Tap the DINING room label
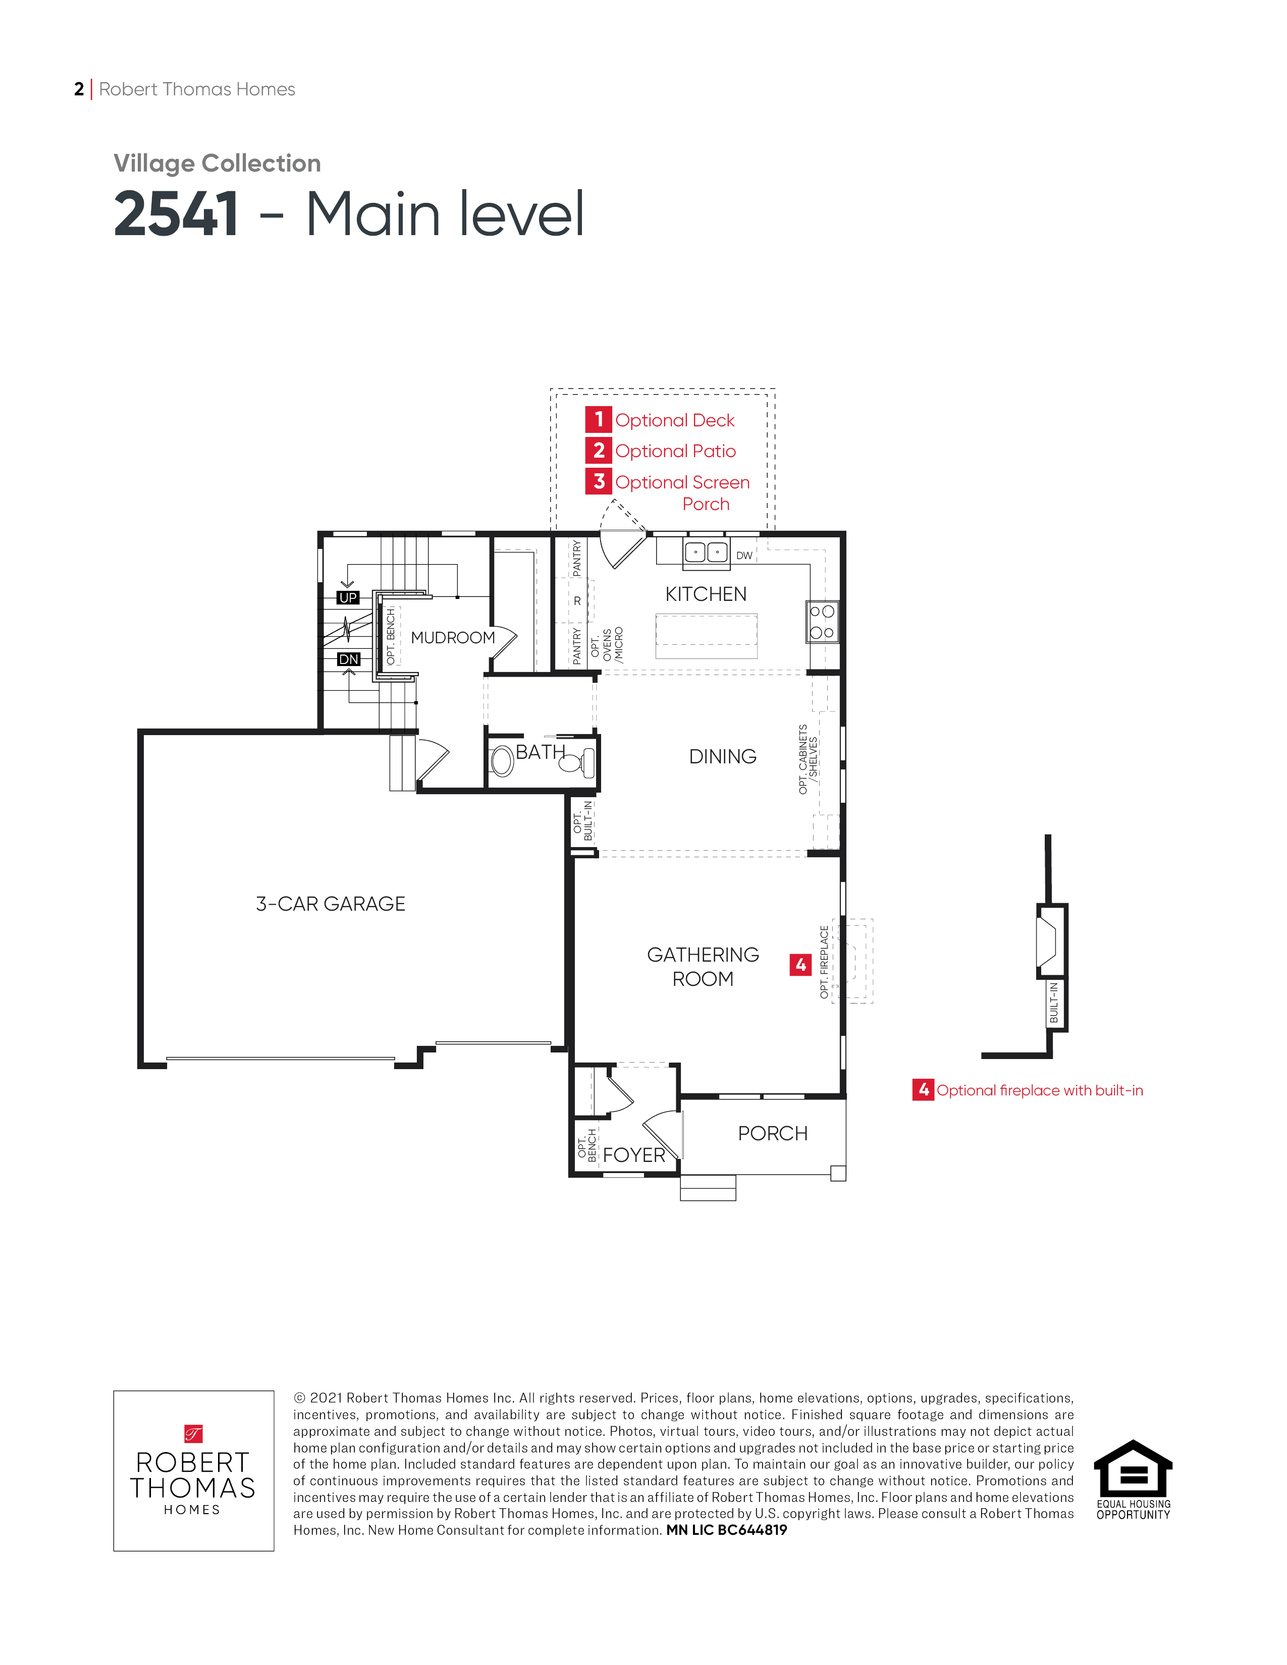[x=723, y=756]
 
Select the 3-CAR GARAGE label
[x=330, y=904]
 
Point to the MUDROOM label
[x=453, y=637]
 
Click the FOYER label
[x=633, y=1155]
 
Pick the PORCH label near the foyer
[x=772, y=1134]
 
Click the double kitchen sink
[x=706, y=552]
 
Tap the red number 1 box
[x=599, y=419]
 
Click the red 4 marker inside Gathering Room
[x=800, y=965]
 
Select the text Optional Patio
[x=675, y=452]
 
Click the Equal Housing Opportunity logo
[x=1133, y=1480]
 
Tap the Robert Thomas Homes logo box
[x=194, y=1471]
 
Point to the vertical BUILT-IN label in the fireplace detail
[x=1054, y=1003]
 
